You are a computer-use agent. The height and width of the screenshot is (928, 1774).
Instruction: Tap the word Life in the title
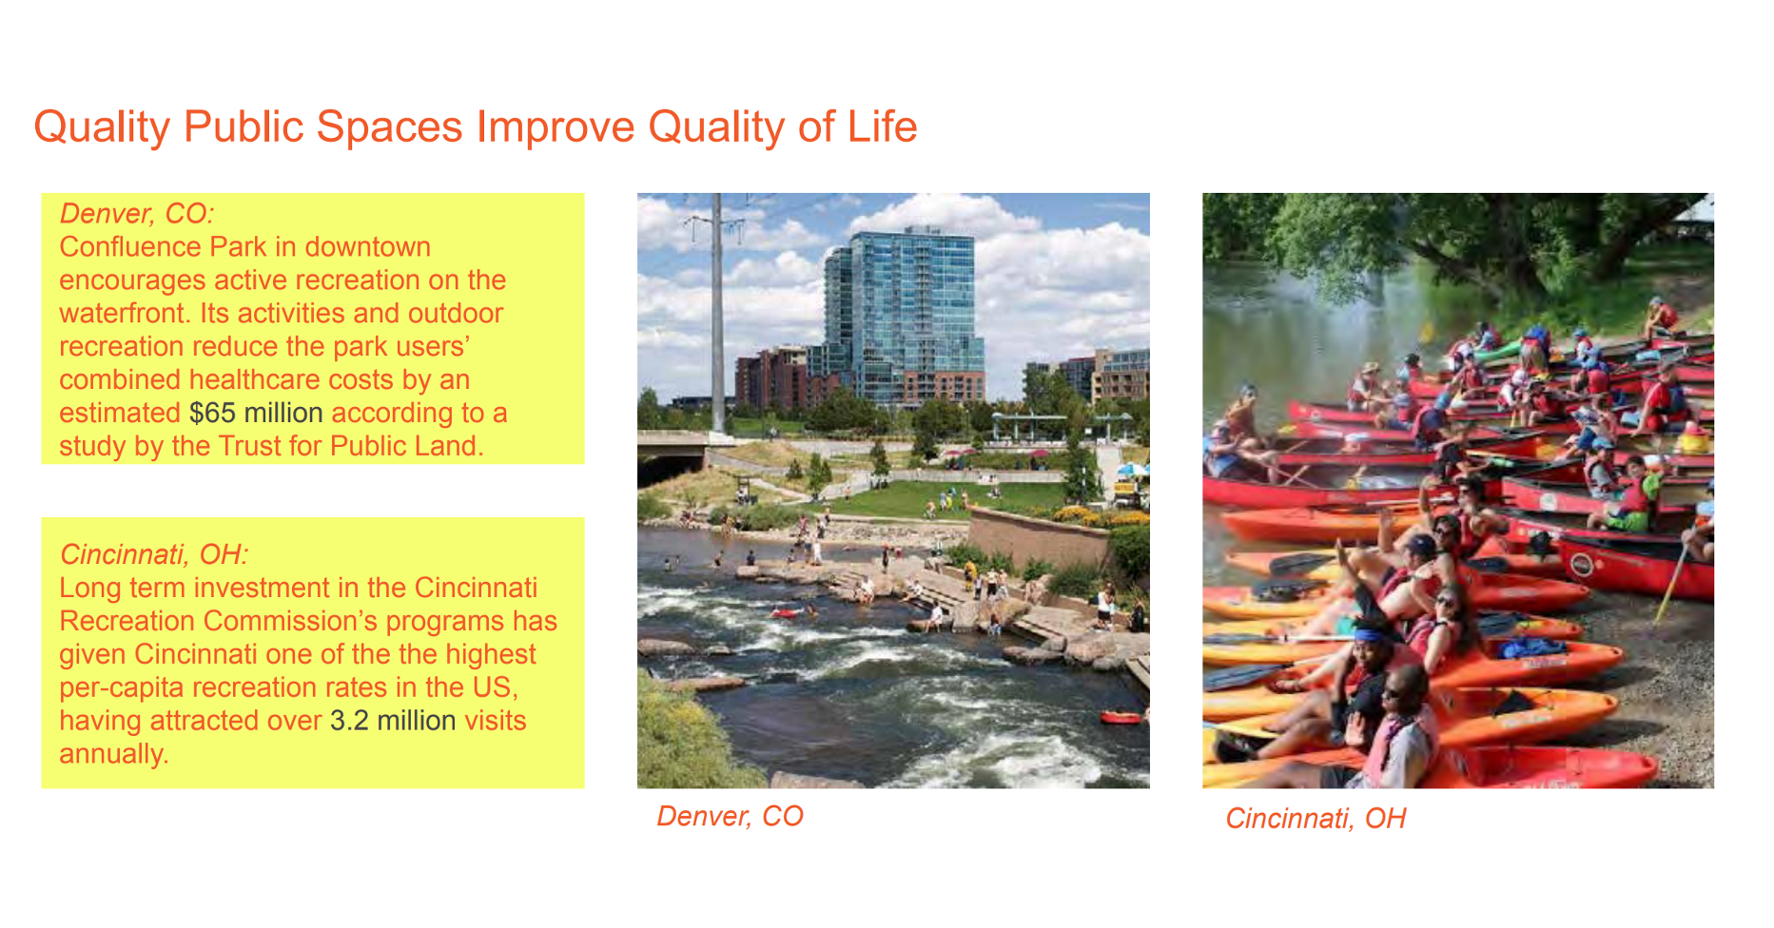coord(883,126)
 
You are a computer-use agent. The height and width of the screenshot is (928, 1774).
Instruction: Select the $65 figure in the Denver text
coord(212,413)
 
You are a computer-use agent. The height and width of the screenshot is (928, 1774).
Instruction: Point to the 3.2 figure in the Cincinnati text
coord(349,721)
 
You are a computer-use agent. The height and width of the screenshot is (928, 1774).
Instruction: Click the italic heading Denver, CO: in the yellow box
coord(137,214)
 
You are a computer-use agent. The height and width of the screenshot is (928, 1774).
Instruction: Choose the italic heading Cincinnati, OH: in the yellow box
coord(154,554)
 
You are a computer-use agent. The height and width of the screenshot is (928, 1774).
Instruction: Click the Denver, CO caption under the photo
coord(731,817)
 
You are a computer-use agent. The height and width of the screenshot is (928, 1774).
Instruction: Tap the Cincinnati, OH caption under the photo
coord(1316,819)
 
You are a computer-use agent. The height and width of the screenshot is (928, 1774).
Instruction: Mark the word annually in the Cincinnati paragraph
coord(113,754)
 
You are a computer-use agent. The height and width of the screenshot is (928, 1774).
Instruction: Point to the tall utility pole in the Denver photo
coord(717,314)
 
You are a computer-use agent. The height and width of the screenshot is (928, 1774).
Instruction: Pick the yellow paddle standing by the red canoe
coord(1671,581)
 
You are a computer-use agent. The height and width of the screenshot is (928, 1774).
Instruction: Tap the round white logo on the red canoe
coord(1581,565)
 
